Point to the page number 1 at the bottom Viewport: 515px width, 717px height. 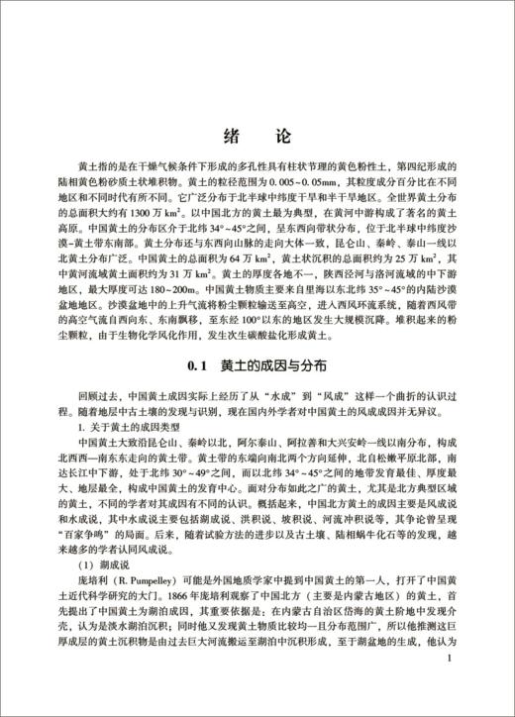[451, 684]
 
